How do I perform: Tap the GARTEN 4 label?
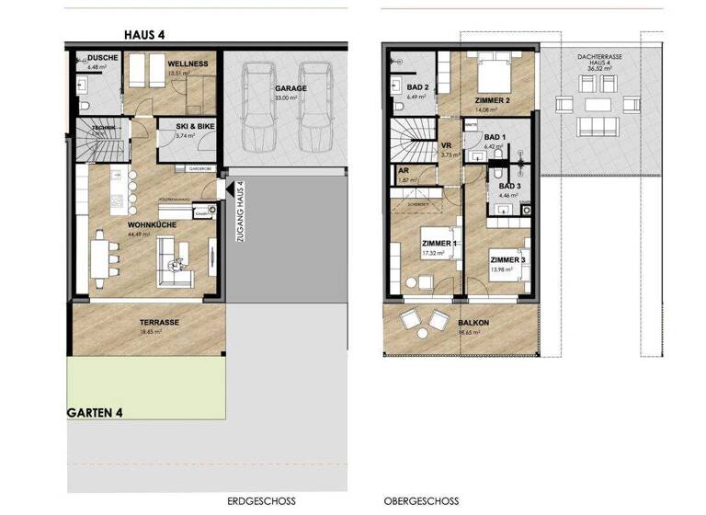click(x=97, y=413)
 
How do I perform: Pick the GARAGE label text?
click(x=290, y=89)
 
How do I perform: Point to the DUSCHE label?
click(x=102, y=58)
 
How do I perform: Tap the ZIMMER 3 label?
click(x=507, y=260)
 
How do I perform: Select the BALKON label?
click(x=472, y=324)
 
